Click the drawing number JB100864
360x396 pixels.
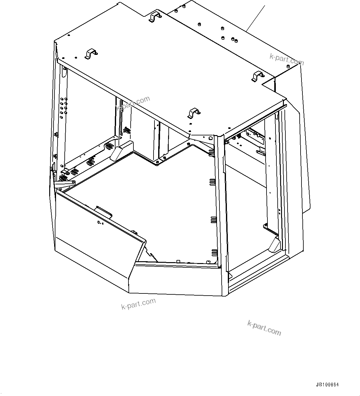pyautogui.click(x=327, y=385)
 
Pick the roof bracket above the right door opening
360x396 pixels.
pyautogui.click(x=258, y=76)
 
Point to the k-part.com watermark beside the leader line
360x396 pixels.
pyautogui.click(x=287, y=59)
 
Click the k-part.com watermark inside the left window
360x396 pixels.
pyautogui.click(x=133, y=103)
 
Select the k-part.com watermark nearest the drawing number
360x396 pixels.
pyautogui.click(x=264, y=328)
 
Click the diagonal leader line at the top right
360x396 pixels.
pyautogui.click(x=255, y=18)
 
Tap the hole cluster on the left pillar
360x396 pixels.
pyautogui.click(x=64, y=106)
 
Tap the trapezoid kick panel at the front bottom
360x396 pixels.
pyautogui.click(x=175, y=278)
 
